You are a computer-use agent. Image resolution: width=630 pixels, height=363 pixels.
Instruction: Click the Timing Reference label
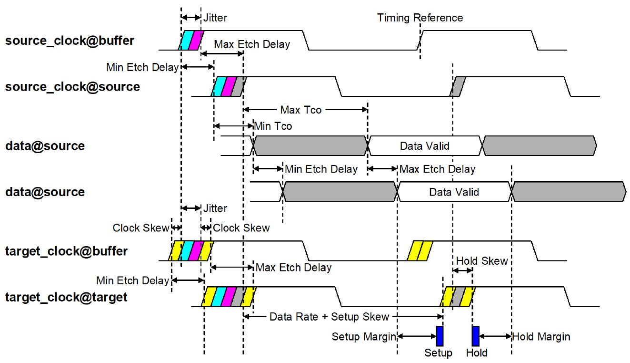click(420, 18)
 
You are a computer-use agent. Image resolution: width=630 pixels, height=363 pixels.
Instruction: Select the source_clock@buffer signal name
click(70, 41)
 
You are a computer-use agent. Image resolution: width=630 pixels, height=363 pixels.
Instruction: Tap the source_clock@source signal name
click(72, 87)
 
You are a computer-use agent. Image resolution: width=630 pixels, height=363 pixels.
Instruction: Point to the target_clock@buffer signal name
click(66, 251)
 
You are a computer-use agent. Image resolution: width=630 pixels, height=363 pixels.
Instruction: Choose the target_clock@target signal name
click(66, 298)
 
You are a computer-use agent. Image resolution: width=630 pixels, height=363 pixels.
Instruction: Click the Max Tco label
click(301, 110)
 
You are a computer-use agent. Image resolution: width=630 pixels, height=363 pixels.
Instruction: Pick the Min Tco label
click(273, 126)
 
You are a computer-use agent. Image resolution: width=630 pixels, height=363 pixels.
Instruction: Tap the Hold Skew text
click(482, 261)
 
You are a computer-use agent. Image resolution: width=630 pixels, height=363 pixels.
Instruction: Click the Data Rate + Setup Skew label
click(329, 317)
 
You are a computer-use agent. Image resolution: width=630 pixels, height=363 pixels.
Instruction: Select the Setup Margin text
click(364, 337)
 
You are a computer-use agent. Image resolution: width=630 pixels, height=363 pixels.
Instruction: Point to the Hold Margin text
click(541, 337)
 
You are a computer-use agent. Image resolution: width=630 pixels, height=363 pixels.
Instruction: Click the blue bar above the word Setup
click(440, 336)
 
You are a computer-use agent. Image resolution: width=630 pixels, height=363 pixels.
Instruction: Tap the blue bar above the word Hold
click(475, 336)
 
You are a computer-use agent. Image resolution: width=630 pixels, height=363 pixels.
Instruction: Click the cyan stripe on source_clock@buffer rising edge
click(187, 40)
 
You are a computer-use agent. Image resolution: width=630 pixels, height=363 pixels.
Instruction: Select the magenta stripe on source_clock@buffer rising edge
click(196, 40)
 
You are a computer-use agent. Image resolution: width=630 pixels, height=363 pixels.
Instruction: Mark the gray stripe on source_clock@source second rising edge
click(458, 86)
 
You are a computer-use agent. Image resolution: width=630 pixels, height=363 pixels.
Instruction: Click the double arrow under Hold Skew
click(462, 270)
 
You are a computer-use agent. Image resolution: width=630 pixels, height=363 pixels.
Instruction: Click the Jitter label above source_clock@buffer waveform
click(215, 18)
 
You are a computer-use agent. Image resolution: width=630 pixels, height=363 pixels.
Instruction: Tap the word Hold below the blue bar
click(477, 353)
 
